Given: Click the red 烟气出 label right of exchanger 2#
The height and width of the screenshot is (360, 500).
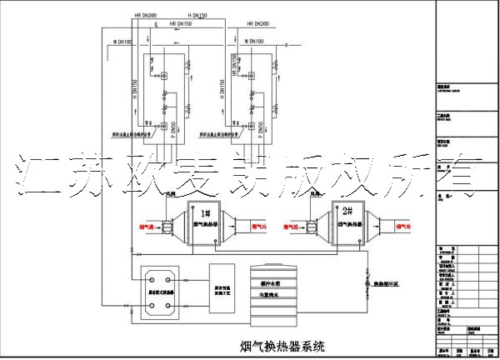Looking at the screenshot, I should coord(401,225).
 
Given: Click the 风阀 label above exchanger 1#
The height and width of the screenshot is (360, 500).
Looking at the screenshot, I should coord(171,193).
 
